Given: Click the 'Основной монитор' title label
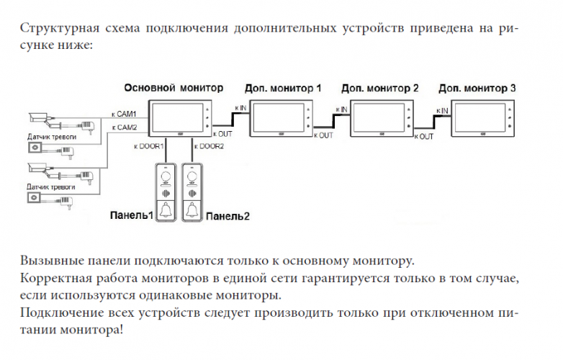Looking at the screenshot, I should click(174, 87).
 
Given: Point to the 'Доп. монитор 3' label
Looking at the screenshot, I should click(477, 89).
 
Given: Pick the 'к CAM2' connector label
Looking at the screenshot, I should click(124, 127).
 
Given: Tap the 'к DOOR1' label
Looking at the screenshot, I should click(148, 146).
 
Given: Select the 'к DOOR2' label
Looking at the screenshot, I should click(209, 146).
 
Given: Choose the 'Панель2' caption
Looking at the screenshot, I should click(228, 216).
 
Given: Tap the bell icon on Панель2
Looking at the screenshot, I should click(192, 210).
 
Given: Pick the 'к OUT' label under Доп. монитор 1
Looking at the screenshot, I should click(324, 135).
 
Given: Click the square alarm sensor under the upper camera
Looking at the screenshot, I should click(34, 148).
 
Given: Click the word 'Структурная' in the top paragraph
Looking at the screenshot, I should click(55, 30).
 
